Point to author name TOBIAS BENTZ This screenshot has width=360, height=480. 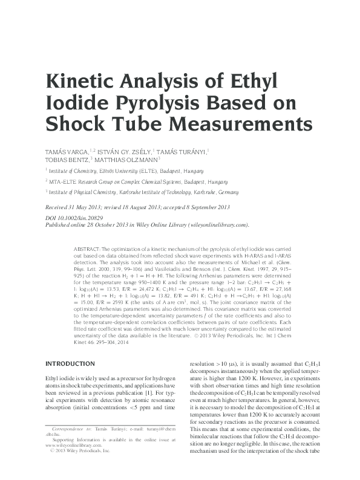coord(67,160)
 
